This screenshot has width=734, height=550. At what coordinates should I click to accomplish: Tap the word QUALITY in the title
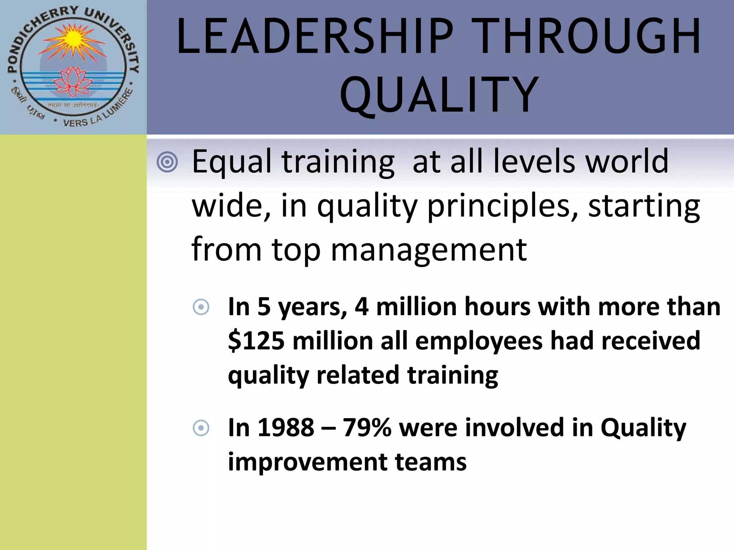[439, 95]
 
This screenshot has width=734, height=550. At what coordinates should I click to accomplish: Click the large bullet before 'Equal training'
[167, 162]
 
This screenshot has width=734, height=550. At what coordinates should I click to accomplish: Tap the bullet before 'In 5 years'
[201, 307]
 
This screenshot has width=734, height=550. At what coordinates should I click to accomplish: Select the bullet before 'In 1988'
[201, 428]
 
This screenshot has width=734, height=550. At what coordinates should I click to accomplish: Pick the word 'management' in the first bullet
[429, 249]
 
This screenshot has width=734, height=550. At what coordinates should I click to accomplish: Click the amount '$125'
[256, 341]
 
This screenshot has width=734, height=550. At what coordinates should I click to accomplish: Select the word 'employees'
[479, 341]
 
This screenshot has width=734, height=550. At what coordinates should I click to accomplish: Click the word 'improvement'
[307, 462]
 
